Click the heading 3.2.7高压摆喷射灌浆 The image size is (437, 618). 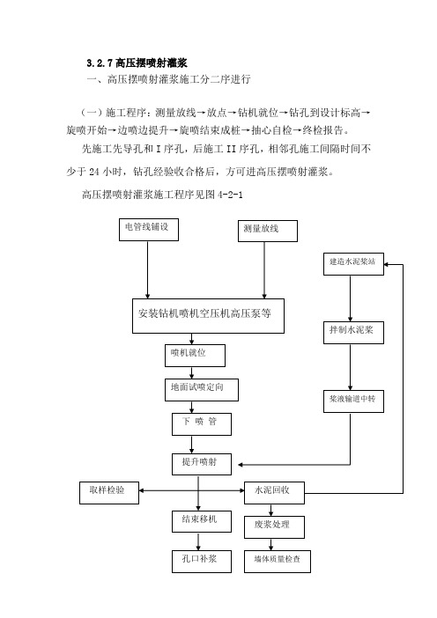(x=137, y=63)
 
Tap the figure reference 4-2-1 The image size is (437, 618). (x=230, y=195)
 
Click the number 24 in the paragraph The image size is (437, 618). (x=94, y=172)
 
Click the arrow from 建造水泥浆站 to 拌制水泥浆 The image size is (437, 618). (x=350, y=298)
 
